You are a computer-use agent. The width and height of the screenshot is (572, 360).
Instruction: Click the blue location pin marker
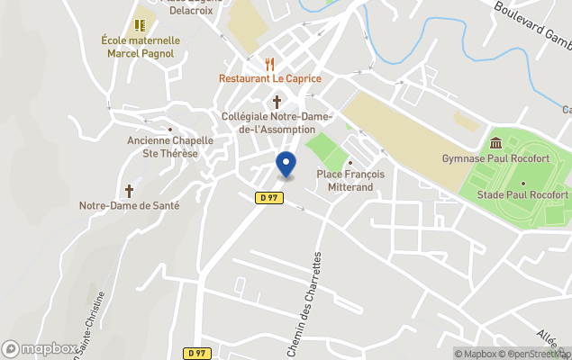(x=285, y=165)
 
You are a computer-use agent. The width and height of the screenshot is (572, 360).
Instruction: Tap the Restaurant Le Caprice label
(x=269, y=78)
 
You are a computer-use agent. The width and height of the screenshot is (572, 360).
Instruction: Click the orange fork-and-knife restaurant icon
(x=269, y=64)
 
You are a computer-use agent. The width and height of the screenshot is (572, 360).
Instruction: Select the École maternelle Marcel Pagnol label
(x=141, y=47)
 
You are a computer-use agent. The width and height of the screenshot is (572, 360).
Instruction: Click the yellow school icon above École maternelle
(x=140, y=25)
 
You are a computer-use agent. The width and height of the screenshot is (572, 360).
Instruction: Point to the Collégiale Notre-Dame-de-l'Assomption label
(x=277, y=123)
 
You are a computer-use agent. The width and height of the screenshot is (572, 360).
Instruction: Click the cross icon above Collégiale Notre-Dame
(x=277, y=102)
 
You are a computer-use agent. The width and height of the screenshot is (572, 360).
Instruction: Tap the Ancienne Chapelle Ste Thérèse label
(x=169, y=147)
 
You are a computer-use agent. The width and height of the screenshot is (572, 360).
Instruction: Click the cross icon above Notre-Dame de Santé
(x=129, y=191)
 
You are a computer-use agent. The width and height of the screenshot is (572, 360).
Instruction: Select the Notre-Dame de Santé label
(x=129, y=205)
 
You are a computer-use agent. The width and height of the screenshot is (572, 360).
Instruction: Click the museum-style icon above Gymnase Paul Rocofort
(x=495, y=143)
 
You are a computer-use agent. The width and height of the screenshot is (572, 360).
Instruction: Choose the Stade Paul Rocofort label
(x=522, y=194)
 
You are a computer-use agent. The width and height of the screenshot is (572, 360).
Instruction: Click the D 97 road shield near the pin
(x=268, y=198)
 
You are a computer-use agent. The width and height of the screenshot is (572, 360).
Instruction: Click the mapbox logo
(x=40, y=348)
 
